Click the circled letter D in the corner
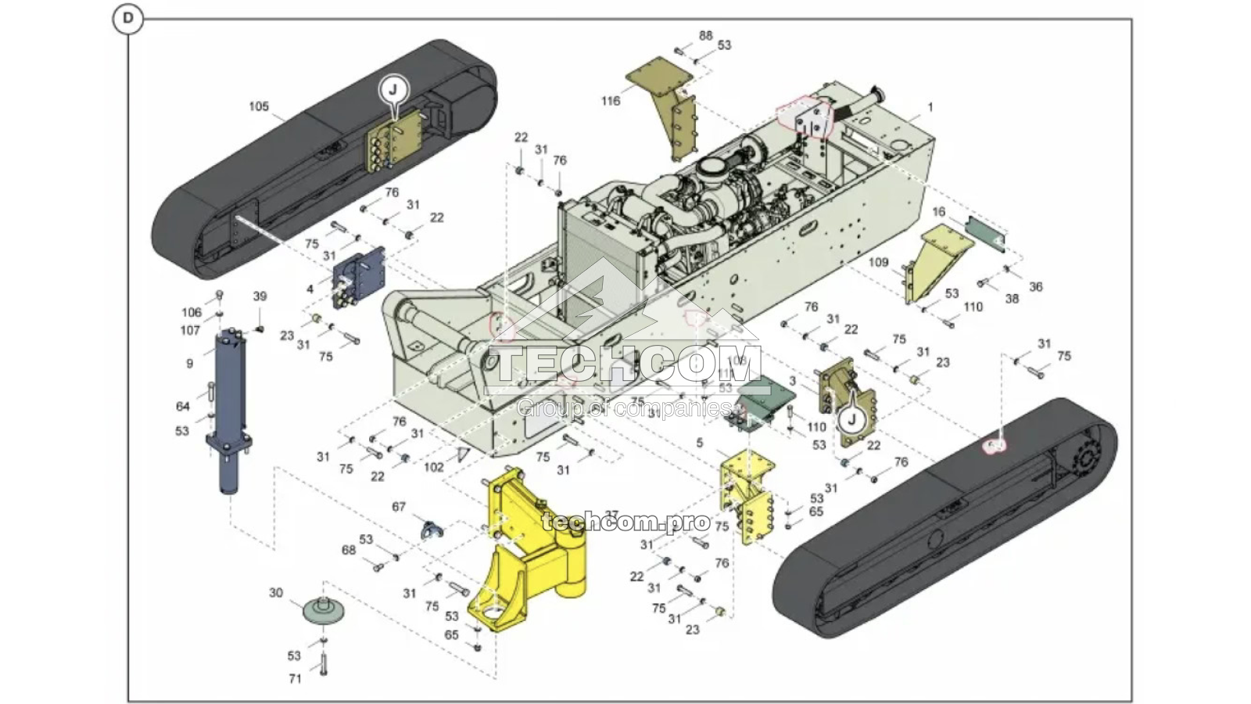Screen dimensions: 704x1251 coord(127,20)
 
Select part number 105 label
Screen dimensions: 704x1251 coord(259,107)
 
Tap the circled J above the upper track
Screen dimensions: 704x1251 coord(393,89)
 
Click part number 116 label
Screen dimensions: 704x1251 coord(611,101)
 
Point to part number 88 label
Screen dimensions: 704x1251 coord(706,36)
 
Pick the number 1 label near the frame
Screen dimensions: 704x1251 coord(930,107)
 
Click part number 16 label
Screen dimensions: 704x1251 coord(939,212)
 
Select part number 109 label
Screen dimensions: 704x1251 coord(879,262)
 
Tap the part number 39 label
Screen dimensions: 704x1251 coord(260,296)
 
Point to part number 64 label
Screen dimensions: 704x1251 coord(182,406)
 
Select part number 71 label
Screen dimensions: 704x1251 coord(295,679)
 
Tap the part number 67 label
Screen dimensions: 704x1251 coord(399,507)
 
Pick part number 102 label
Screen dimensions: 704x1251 coord(433,467)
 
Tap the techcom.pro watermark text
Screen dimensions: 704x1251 coord(625,522)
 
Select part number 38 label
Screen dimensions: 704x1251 coord(1012,299)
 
